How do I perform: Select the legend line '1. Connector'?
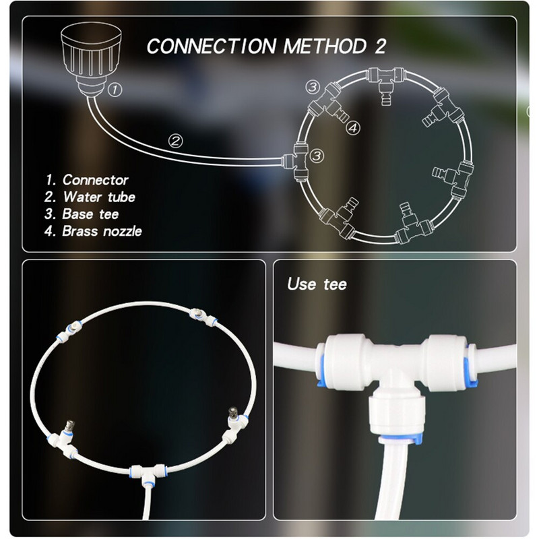(87, 180)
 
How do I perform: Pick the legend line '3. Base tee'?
(82, 214)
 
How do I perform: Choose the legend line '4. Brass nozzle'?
(94, 230)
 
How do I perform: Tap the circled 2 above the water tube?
(175, 141)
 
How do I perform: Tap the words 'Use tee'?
(317, 284)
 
